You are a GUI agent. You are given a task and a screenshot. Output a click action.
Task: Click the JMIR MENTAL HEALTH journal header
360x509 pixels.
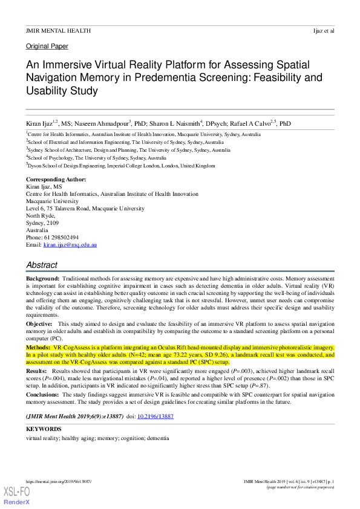58,30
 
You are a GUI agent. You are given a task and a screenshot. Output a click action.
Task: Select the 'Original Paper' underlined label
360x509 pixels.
47,46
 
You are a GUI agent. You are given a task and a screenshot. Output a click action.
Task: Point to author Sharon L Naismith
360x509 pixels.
172,123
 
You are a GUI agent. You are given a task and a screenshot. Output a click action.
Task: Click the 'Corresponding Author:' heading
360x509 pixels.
56,180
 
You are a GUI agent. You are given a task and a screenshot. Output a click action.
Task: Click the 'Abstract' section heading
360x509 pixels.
42,265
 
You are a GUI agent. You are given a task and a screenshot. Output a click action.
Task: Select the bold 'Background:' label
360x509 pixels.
42,278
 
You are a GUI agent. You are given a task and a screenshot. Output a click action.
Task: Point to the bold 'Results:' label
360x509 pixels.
36,370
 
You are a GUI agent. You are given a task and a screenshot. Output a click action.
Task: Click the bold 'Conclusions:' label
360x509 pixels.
44,394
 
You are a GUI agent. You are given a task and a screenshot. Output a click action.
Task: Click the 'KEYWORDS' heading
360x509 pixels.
44,429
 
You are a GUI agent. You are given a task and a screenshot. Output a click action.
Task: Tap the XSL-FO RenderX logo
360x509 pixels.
16,495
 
